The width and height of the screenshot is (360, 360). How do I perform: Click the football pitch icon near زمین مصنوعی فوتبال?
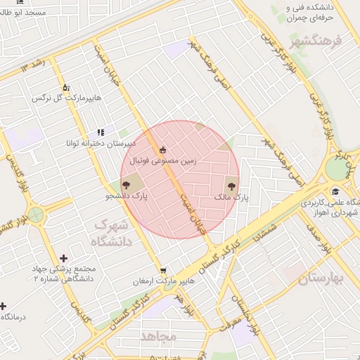click(x=163, y=149)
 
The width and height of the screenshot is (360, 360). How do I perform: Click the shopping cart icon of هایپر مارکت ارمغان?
click(x=164, y=269)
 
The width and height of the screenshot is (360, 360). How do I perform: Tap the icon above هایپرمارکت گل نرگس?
click(x=66, y=87)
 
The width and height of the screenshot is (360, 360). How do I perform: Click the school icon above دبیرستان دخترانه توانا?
click(x=101, y=131)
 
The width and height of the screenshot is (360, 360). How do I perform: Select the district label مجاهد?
click(x=158, y=336)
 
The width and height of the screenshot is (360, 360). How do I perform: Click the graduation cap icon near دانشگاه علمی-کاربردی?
click(x=335, y=192)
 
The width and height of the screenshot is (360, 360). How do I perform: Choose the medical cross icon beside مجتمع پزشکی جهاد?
click(x=65, y=259)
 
